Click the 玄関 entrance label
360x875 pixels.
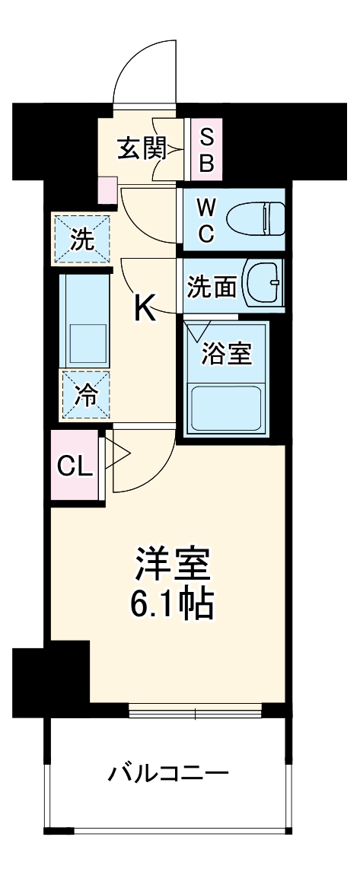click(x=142, y=149)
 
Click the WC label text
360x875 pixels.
click(x=206, y=221)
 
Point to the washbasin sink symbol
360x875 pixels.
click(x=264, y=283)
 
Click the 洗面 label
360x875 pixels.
click(x=212, y=287)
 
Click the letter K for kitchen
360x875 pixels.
click(x=145, y=307)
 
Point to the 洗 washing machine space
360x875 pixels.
click(x=81, y=240)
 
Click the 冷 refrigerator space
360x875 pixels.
click(x=85, y=395)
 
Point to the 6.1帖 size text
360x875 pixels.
click(x=172, y=604)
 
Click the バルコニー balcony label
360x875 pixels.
click(x=168, y=775)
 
